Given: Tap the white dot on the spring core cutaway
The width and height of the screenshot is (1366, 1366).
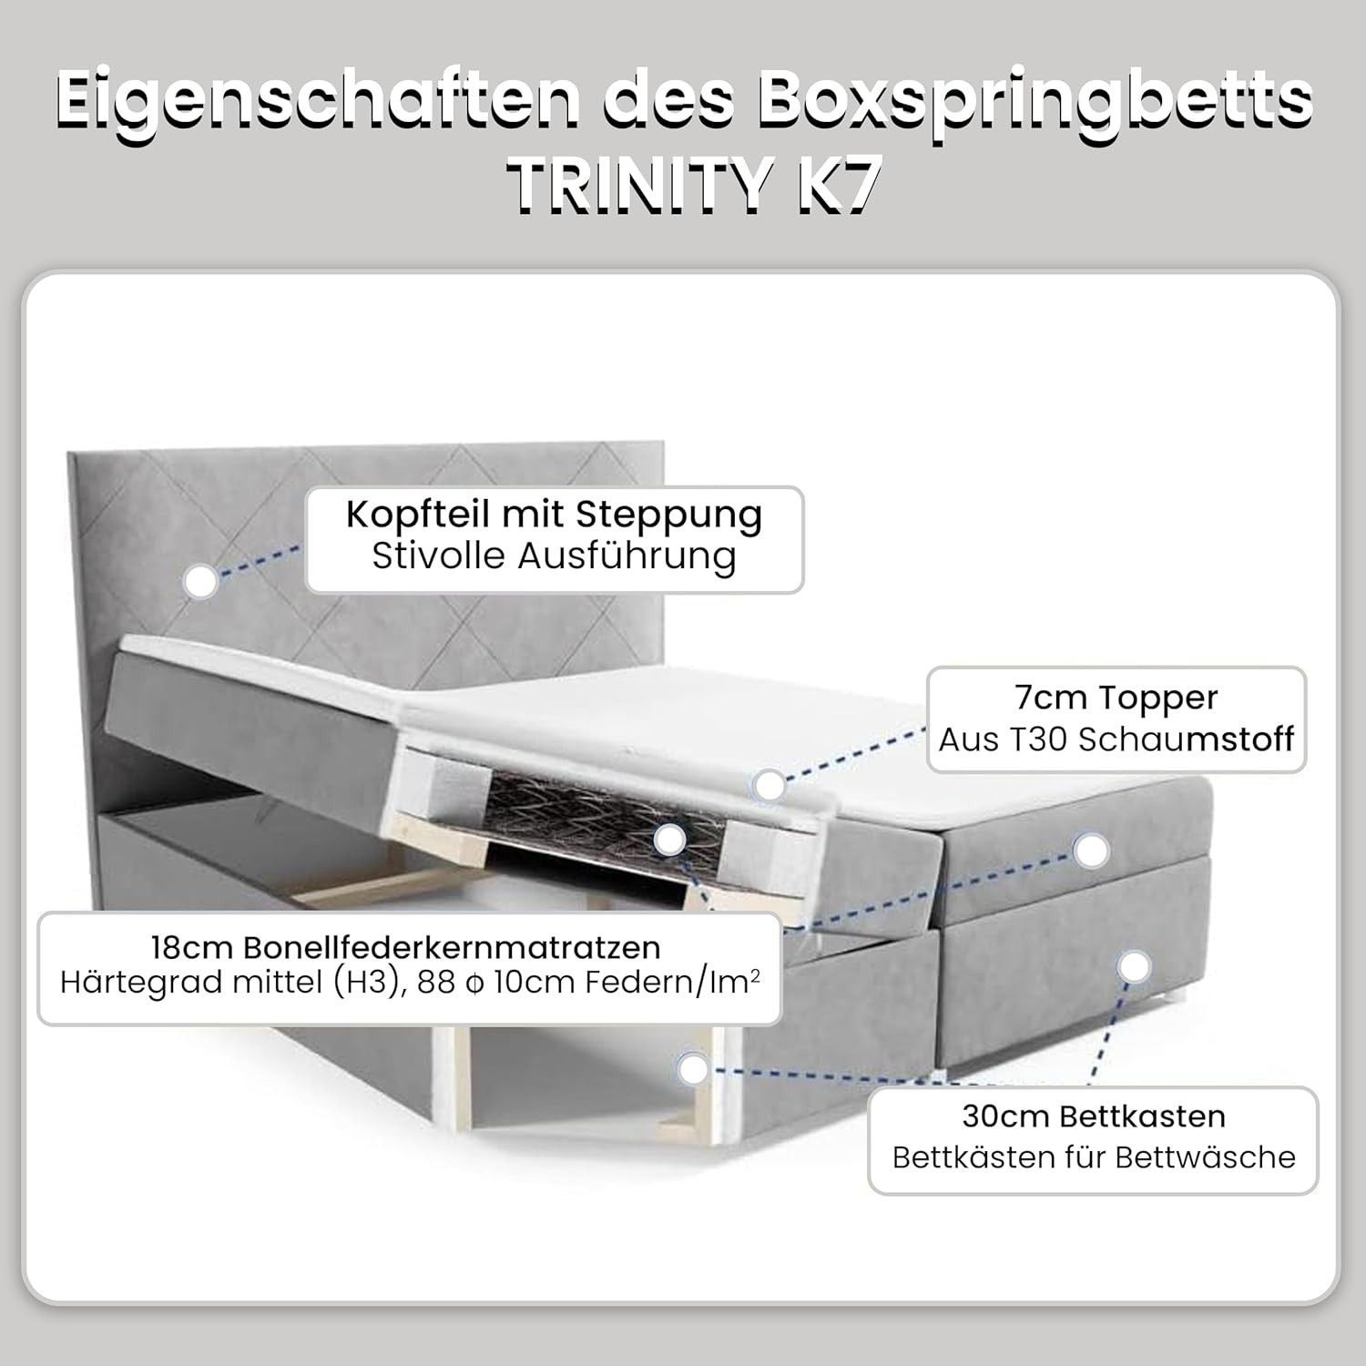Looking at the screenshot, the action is pyautogui.click(x=670, y=841).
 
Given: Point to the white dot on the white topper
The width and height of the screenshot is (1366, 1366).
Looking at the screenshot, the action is pyautogui.click(x=770, y=785).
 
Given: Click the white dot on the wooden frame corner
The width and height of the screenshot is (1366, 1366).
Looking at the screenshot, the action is pyautogui.click(x=694, y=1068).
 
